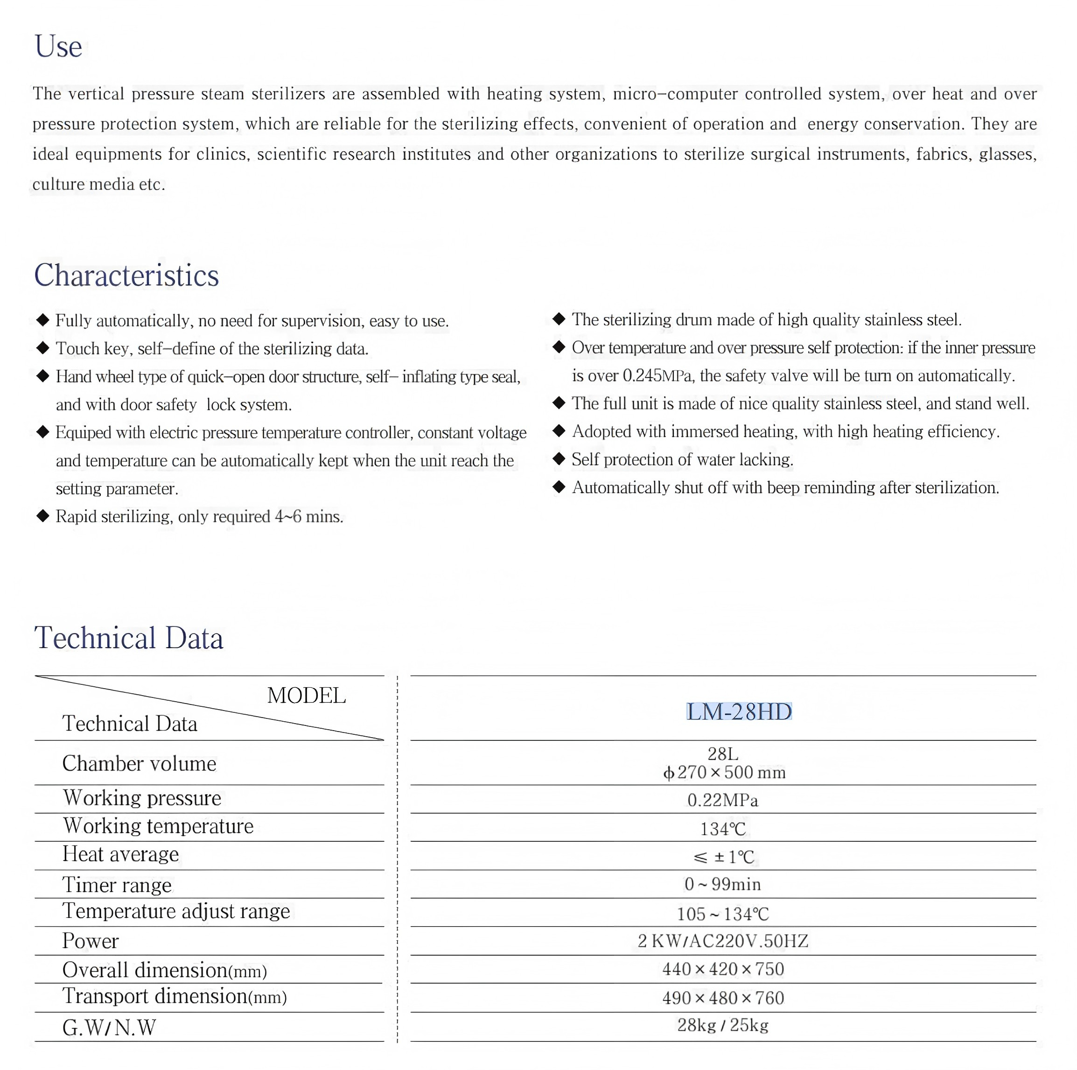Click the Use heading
(58, 47)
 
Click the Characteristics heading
(126, 275)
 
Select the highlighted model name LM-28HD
(739, 712)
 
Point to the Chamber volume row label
(139, 763)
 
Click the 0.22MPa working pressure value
(722, 800)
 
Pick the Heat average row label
(120, 854)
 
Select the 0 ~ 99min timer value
(722, 884)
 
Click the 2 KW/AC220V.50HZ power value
(722, 941)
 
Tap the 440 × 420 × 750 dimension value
(722, 969)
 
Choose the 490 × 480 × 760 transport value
(722, 998)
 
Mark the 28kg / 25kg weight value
(722, 1025)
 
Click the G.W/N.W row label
(109, 1027)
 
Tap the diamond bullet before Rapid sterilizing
(43, 516)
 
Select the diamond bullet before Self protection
(559, 459)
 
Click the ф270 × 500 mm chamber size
(724, 773)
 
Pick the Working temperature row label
(158, 826)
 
